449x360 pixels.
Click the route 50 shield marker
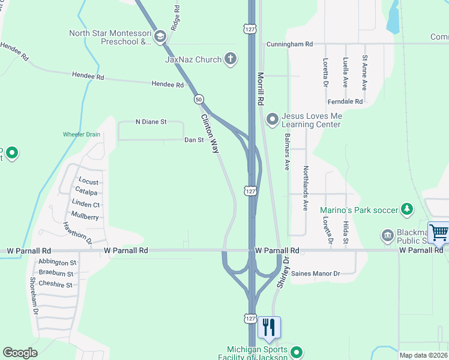(x=199, y=99)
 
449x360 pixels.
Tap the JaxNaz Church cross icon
(x=229, y=59)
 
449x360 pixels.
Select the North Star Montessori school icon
(x=160, y=37)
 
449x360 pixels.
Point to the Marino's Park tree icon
(x=408, y=209)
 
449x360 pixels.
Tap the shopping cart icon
(x=439, y=233)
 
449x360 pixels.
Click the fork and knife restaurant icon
(x=269, y=327)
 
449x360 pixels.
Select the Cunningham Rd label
(x=291, y=44)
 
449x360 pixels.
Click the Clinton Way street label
(x=210, y=134)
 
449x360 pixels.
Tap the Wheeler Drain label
(x=82, y=134)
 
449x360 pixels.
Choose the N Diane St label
(x=151, y=122)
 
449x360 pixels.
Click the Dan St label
(x=194, y=140)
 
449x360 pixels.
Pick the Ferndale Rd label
(x=346, y=101)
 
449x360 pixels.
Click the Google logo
(x=20, y=353)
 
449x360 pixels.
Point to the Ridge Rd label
(x=175, y=19)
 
